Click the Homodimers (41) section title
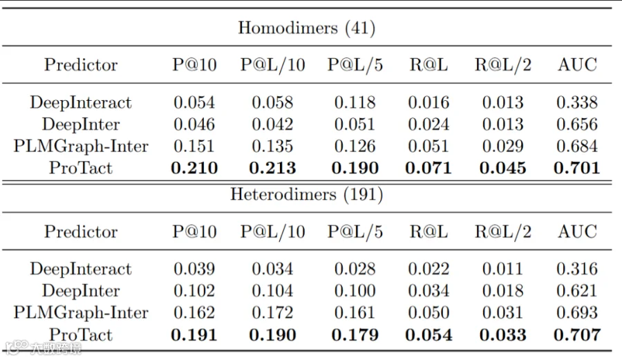pos(306,28)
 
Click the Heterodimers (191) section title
pos(306,195)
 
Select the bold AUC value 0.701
pos(577,168)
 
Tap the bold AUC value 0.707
pos(577,334)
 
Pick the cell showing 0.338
pos(577,103)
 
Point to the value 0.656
pos(577,124)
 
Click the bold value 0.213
pos(272,168)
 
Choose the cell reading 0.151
pos(194,146)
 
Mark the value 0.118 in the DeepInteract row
pos(355,103)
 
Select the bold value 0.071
pos(428,168)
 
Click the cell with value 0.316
pos(577,269)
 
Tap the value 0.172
pos(272,313)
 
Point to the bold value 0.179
pos(355,334)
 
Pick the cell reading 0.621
pos(577,291)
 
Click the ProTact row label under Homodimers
pos(81,168)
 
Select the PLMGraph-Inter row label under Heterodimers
pos(81,313)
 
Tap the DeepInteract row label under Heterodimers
pos(81,269)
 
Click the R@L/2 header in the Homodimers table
pos(503,65)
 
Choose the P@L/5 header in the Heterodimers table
pos(355,231)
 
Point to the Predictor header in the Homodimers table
pos(81,65)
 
